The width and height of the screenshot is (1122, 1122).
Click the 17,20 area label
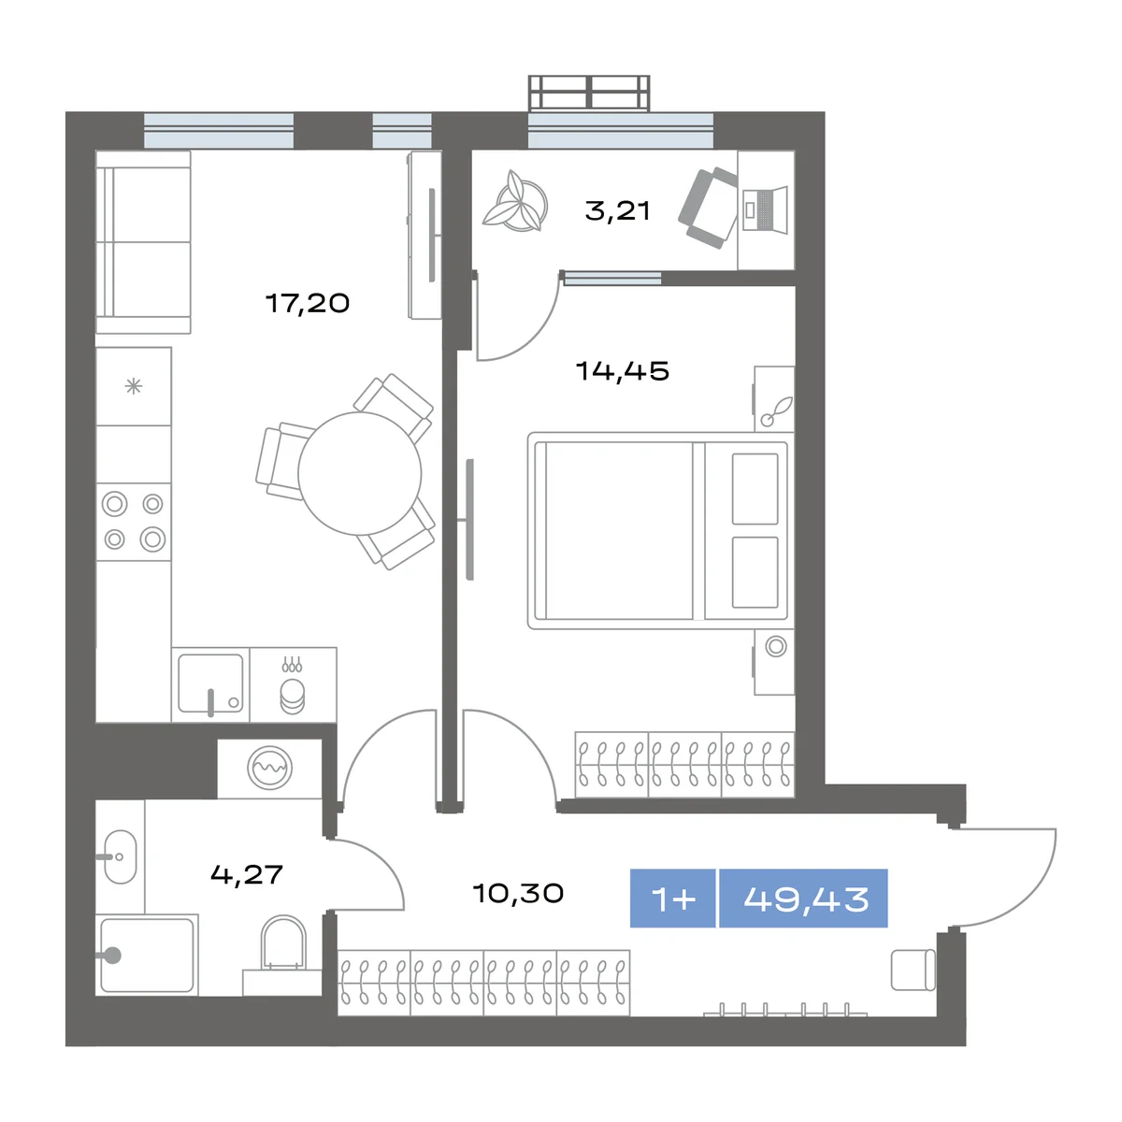click(308, 303)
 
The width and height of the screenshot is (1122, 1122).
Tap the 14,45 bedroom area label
click(623, 371)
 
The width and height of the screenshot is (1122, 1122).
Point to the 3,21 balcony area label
click(617, 210)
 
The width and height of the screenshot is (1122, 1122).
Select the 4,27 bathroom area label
click(246, 874)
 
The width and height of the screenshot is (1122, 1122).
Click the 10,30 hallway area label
click(518, 893)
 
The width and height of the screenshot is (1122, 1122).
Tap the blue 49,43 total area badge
click(803, 899)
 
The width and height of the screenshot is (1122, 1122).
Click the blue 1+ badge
click(672, 899)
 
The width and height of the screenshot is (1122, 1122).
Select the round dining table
click(360, 473)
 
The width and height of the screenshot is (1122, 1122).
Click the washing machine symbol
click(269, 768)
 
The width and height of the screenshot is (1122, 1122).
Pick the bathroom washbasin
click(120, 856)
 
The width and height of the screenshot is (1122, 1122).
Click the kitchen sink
click(210, 683)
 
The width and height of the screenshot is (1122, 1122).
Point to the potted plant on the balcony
click(515, 201)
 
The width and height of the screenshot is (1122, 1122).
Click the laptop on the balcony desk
click(765, 210)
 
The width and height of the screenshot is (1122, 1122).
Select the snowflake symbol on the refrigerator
click(134, 386)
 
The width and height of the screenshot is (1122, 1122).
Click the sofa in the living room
click(143, 242)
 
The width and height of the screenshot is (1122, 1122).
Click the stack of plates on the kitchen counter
click(292, 697)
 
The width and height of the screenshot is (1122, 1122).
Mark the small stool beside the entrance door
click(913, 970)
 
